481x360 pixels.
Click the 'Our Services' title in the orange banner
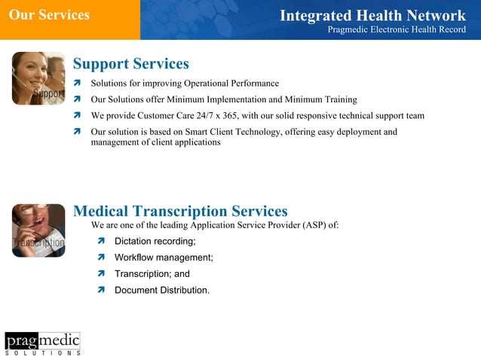49,15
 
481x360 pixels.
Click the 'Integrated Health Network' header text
372,16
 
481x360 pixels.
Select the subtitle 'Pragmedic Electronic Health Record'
397,30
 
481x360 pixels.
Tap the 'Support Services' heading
130,64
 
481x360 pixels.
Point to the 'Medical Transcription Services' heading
180,212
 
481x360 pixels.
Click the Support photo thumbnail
38,78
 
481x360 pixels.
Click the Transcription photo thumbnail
38,230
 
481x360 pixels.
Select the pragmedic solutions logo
42,343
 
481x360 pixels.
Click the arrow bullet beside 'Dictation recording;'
101,242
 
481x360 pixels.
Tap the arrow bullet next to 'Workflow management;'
101,258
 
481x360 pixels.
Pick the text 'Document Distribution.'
162,290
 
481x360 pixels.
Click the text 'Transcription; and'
152,274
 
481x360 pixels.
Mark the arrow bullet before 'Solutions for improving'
77,84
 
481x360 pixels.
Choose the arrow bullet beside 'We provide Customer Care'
77,116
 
